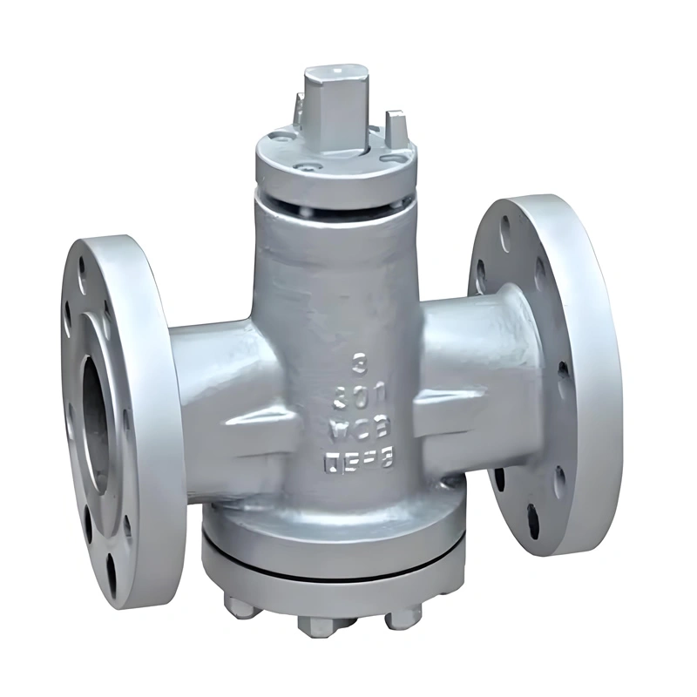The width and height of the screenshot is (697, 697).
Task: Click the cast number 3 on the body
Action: (356, 359)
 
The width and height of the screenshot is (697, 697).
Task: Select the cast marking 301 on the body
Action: (356, 398)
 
